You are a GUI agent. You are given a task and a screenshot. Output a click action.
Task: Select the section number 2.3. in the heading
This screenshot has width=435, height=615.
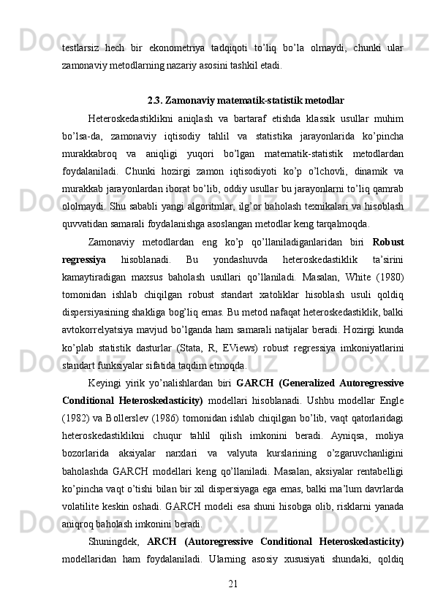tap(156, 100)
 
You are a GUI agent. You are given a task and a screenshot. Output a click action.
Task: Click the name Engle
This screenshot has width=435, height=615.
tap(390, 401)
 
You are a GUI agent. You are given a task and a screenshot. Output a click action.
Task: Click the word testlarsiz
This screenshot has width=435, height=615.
tap(78, 47)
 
